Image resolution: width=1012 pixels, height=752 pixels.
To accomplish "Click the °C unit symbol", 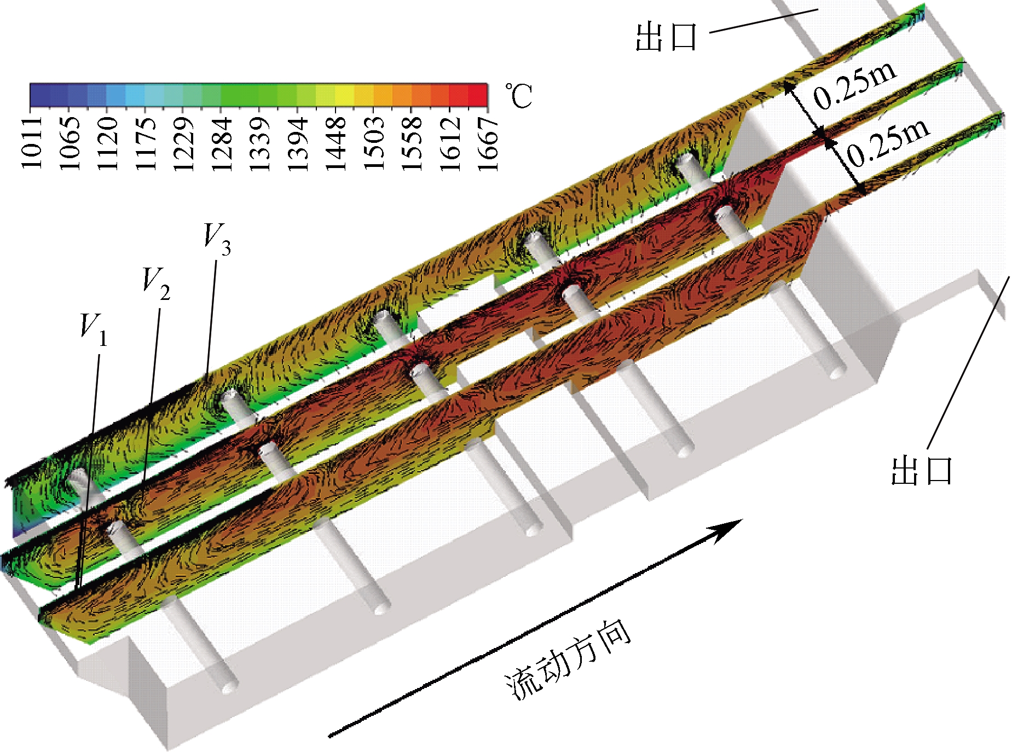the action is [518, 96].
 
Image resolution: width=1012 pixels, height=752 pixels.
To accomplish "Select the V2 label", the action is [157, 284].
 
